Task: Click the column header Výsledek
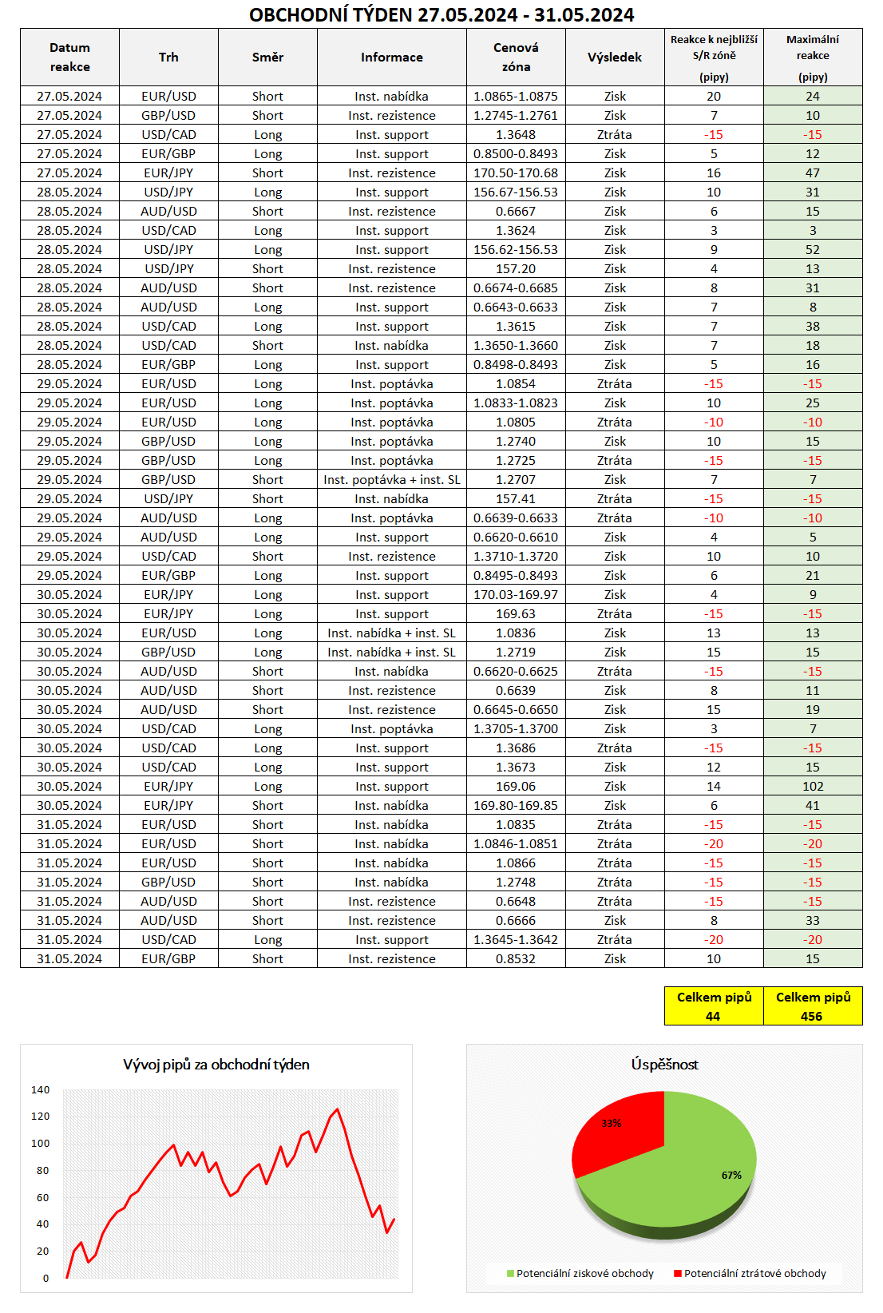[x=615, y=58]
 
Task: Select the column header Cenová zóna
[x=516, y=58]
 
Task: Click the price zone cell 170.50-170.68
[x=516, y=173]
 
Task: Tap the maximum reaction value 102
[x=813, y=787]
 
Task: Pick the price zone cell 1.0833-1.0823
[x=516, y=403]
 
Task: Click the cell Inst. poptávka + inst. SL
[x=392, y=480]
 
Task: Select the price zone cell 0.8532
[x=516, y=959]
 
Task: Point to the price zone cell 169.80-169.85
[x=516, y=806]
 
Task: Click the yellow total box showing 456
[x=813, y=1006]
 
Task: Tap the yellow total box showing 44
[x=714, y=1006]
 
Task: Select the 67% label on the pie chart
[x=731, y=1175]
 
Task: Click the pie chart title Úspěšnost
[x=664, y=1065]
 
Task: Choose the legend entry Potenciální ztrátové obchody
[x=754, y=1274]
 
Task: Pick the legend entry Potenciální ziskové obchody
[x=584, y=1274]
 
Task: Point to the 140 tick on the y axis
[x=41, y=1090]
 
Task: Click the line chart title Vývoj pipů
[x=216, y=1065]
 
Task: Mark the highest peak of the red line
[x=338, y=1109]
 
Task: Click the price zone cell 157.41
[x=516, y=499]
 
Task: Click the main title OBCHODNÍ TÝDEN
[x=442, y=14]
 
